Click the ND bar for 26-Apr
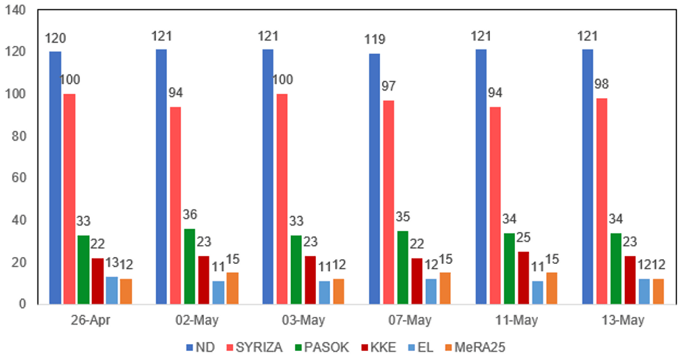55,178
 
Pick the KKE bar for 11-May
524,278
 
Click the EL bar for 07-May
431,292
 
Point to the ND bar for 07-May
374,179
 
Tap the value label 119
374,40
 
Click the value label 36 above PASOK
190,214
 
